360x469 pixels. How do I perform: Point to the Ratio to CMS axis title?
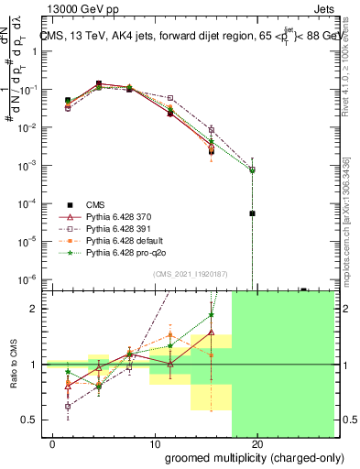(16, 365)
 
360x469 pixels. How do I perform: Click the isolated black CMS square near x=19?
(252, 213)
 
